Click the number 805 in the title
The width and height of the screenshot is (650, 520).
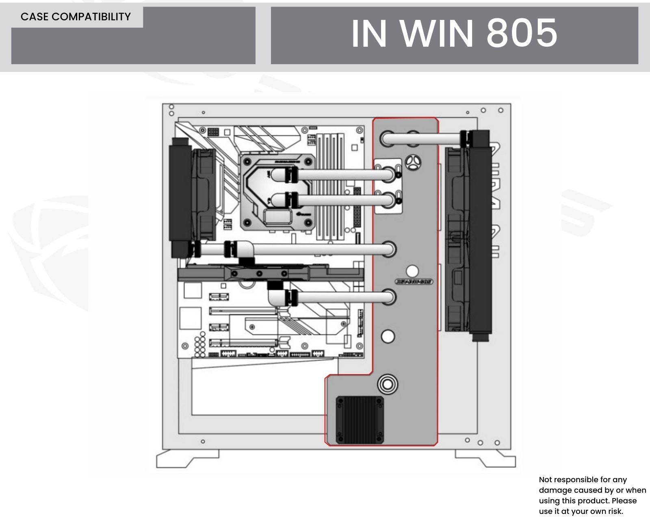click(522, 33)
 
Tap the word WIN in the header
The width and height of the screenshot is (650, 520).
click(438, 33)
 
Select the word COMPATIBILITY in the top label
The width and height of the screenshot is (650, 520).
click(91, 17)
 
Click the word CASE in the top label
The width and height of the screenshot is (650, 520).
click(35, 17)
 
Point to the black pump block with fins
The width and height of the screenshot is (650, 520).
click(360, 420)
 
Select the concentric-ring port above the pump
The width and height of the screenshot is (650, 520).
click(388, 384)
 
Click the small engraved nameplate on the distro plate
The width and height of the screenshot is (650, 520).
click(414, 282)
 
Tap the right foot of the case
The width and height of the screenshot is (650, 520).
click(485, 458)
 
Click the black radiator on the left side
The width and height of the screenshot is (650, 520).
click(181, 197)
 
